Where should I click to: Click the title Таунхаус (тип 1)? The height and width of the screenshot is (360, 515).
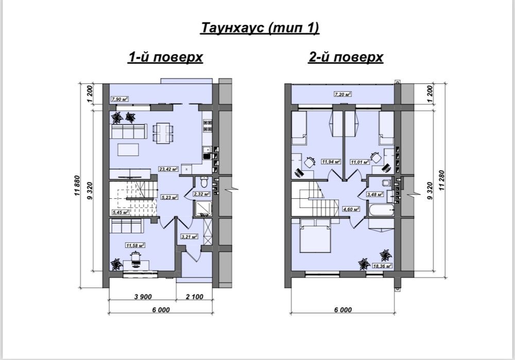click(x=260, y=28)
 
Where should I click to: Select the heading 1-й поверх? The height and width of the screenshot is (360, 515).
click(x=165, y=57)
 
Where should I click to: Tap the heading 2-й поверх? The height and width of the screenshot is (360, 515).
click(x=346, y=57)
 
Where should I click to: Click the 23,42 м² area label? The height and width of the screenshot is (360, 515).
click(x=168, y=169)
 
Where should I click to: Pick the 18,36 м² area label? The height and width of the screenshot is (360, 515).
click(x=383, y=266)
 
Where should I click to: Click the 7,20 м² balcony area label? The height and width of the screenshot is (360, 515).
click(x=342, y=94)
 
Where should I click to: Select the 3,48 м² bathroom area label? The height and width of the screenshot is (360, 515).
click(x=375, y=194)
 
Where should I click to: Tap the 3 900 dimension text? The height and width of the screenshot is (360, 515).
click(x=143, y=297)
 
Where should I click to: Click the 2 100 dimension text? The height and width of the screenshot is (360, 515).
click(x=195, y=297)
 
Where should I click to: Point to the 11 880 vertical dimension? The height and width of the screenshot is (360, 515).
click(x=77, y=186)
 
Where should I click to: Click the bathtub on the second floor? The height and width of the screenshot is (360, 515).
click(x=381, y=210)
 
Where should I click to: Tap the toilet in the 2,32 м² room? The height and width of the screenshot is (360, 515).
click(x=204, y=182)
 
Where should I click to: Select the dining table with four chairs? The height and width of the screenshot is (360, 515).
click(x=163, y=133)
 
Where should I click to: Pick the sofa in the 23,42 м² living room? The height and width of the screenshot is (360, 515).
click(x=129, y=131)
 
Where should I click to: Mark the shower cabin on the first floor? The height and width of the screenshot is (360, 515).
click(x=203, y=209)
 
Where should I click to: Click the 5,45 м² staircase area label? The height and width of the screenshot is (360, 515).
click(x=120, y=212)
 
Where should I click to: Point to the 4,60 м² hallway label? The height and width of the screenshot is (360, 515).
click(x=351, y=209)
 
